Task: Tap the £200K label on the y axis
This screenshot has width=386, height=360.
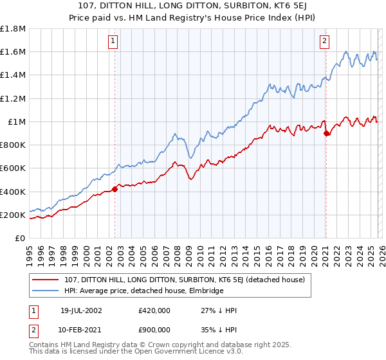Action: click(13, 215)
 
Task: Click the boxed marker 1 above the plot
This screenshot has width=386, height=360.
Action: click(113, 41)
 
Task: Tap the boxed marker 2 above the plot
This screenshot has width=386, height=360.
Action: click(325, 41)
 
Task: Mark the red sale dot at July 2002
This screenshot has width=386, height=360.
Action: click(115, 189)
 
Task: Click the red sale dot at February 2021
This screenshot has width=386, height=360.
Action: click(326, 134)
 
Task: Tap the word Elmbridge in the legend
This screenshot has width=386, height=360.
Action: click(205, 291)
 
